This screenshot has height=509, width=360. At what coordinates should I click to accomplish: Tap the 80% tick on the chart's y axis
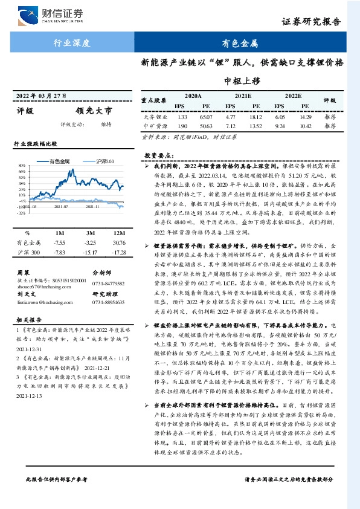click(x=21, y=165)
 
